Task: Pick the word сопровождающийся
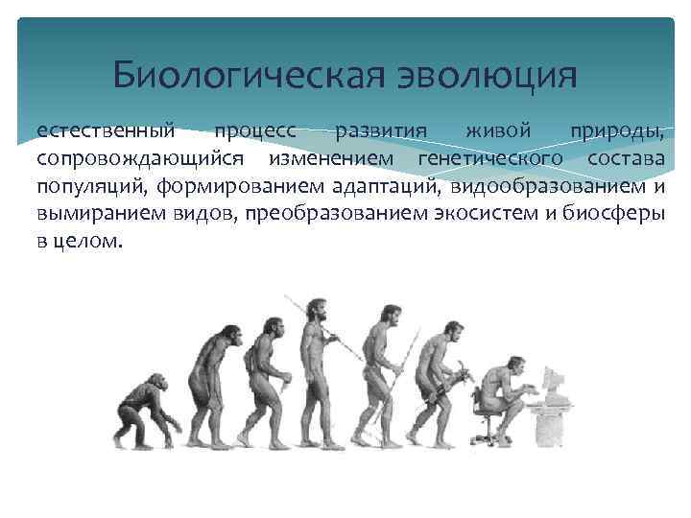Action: tap(139, 158)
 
